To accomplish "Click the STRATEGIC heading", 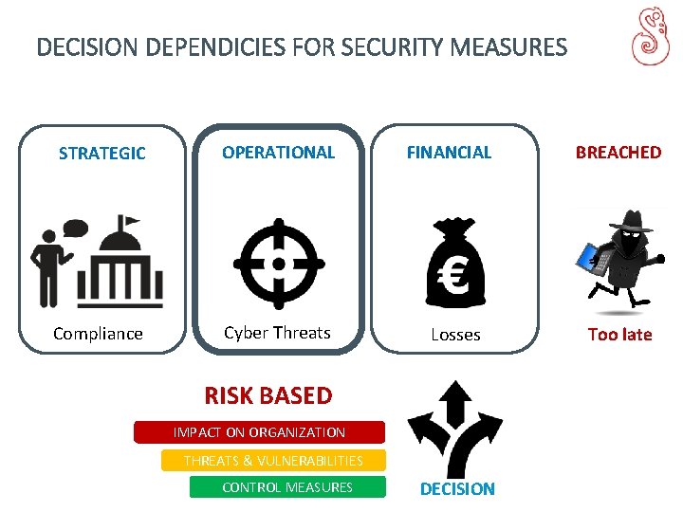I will pos(102,154).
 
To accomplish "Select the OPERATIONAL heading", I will pos(278,152).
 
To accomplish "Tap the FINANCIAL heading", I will pos(449,152).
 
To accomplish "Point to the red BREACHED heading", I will pos(618,152).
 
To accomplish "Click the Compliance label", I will pos(98,334).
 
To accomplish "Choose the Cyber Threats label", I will pos(277,333).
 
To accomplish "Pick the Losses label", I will pos(455,335).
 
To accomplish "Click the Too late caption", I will pos(619,334).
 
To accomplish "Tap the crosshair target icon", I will pos(278,264).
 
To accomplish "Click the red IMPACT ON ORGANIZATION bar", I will pos(259,432).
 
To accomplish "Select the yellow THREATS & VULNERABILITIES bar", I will pos(273,461).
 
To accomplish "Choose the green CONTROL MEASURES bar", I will pos(287,487).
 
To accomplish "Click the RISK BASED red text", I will pos(268,395).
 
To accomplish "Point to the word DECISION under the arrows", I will pos(457,489).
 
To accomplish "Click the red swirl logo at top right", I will pos(650,38).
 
